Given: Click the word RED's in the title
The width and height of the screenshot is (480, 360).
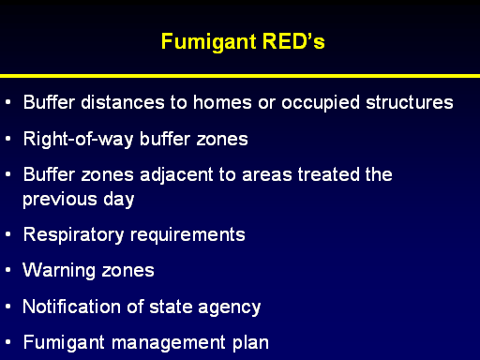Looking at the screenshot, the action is pyautogui.click(x=293, y=41).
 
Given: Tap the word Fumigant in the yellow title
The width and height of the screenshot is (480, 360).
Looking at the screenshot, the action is pyautogui.click(x=209, y=42).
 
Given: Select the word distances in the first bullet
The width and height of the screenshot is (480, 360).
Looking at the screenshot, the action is pyautogui.click(x=123, y=102).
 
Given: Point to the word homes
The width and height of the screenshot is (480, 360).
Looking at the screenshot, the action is pyautogui.click(x=222, y=102).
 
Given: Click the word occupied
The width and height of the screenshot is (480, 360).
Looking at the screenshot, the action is pyautogui.click(x=321, y=103).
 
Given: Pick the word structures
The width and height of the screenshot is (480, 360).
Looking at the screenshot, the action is pyautogui.click(x=410, y=102).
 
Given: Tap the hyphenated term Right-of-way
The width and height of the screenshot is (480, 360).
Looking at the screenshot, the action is pyautogui.click(x=79, y=140).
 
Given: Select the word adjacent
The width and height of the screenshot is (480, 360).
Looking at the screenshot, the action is pyautogui.click(x=176, y=175).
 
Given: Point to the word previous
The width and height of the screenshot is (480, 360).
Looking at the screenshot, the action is pyautogui.click(x=60, y=200).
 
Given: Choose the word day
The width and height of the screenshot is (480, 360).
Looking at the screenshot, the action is pyautogui.click(x=119, y=200).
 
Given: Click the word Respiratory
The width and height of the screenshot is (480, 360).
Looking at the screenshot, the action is pyautogui.click(x=74, y=235).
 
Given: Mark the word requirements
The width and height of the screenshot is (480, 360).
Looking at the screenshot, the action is pyautogui.click(x=187, y=235).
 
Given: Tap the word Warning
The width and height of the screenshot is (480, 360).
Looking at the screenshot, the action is pyautogui.click(x=59, y=271).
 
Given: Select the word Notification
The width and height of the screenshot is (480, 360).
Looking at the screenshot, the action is pyautogui.click(x=72, y=307).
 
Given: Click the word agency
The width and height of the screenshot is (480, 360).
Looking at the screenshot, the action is pyautogui.click(x=229, y=307).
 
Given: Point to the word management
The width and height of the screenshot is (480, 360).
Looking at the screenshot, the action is pyautogui.click(x=169, y=343).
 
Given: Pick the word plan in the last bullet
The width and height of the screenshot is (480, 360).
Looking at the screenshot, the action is pyautogui.click(x=250, y=343).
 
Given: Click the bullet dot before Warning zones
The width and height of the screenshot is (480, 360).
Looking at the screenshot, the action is pyautogui.click(x=8, y=270).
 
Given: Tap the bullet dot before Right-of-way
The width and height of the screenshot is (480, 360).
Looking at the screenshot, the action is pyautogui.click(x=8, y=138).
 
